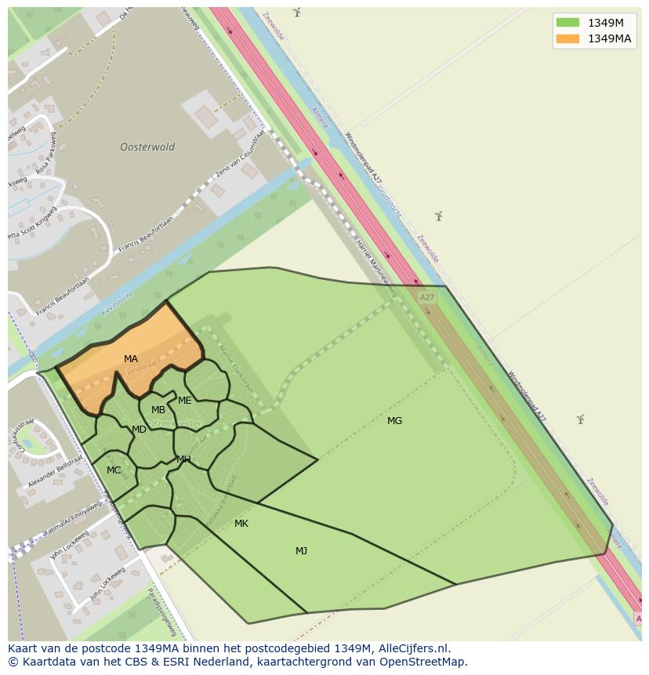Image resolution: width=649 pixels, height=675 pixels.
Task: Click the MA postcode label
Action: pyautogui.click(x=131, y=359)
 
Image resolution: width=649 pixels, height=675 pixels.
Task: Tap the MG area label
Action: pyautogui.click(x=394, y=421)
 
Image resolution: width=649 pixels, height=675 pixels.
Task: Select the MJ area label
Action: pyautogui.click(x=301, y=551)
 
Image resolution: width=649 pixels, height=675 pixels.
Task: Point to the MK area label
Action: pyautogui.click(x=241, y=524)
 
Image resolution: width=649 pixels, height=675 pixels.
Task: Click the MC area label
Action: pyautogui.click(x=114, y=470)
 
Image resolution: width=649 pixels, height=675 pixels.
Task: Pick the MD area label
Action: pyautogui.click(x=139, y=430)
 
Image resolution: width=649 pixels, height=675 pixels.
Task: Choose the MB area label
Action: pyautogui.click(x=158, y=410)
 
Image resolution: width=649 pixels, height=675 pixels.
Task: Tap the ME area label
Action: pyautogui.click(x=185, y=401)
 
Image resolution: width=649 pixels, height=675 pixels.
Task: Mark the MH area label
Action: pyautogui.click(x=183, y=459)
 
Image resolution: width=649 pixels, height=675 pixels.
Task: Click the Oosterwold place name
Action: pyautogui.click(x=147, y=147)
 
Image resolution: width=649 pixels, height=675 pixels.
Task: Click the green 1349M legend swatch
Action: pyautogui.click(x=567, y=22)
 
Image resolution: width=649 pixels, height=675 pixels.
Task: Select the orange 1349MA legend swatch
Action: pyautogui.click(x=567, y=38)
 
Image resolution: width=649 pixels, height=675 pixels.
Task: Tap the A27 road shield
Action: pyautogui.click(x=426, y=298)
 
